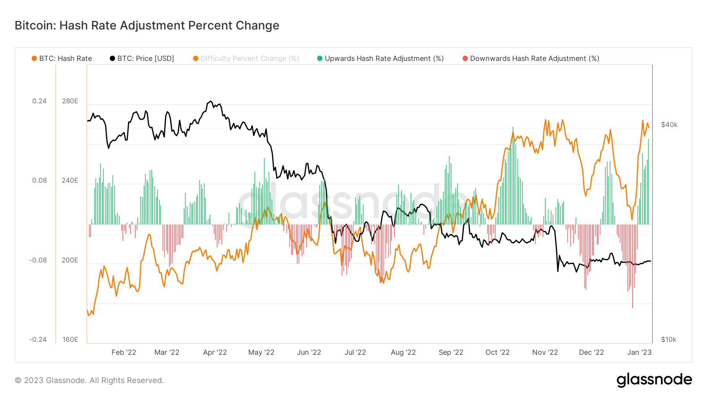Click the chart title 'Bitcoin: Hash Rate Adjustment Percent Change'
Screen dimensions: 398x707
147,26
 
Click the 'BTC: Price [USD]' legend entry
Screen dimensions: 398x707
142,59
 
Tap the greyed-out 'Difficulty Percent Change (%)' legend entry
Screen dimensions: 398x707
246,59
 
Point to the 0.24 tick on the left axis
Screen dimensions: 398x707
39,101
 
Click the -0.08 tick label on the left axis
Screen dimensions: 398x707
38,260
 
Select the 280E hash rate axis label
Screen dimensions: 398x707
70,101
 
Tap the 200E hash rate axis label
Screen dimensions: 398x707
70,260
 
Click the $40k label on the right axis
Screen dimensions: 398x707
669,125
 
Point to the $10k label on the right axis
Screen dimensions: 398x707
668,339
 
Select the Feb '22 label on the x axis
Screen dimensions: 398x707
124,352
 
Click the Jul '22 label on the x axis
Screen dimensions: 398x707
355,352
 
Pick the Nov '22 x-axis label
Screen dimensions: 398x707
545,352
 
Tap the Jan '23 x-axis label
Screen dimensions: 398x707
639,352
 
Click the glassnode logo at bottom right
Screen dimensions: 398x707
654,380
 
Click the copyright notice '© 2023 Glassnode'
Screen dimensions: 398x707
89,380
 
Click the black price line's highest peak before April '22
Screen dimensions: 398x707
211,101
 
